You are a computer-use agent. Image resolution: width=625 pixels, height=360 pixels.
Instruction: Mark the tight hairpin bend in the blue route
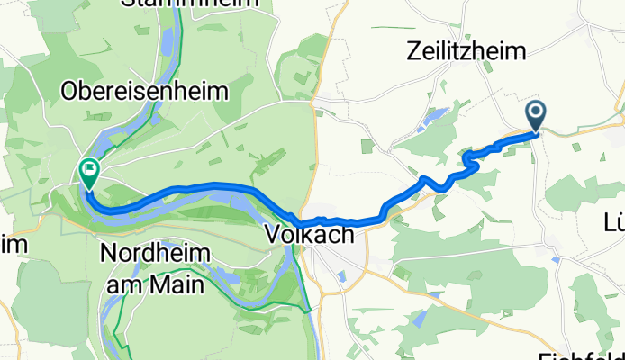point(468,160)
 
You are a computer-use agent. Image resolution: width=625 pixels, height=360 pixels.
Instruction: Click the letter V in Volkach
point(274,235)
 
